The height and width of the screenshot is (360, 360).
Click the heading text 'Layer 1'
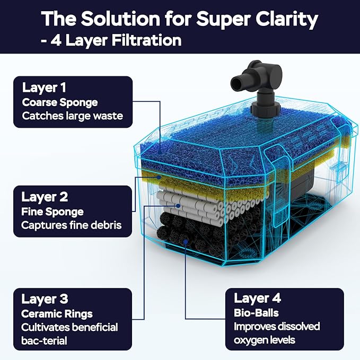pyautogui.click(x=44, y=87)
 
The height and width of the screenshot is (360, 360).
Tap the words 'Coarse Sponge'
pyautogui.click(x=60, y=103)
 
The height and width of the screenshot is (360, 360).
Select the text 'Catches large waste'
pyautogui.click(x=73, y=116)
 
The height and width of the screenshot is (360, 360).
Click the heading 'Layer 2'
pyautogui.click(x=45, y=197)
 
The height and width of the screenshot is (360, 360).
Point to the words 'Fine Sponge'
pyautogui.click(x=52, y=212)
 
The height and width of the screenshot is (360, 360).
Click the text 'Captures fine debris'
pyautogui.click(x=72, y=225)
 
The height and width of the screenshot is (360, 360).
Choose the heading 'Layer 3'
pyautogui.click(x=45, y=299)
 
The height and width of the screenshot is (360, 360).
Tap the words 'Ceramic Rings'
pyautogui.click(x=57, y=314)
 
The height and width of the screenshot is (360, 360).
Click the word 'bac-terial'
pyautogui.click(x=44, y=340)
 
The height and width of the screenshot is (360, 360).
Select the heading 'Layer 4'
pyautogui.click(x=257, y=298)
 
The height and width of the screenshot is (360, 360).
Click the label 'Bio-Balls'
pyautogui.click(x=256, y=313)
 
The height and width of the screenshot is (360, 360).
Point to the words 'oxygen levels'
pyautogui.click(x=265, y=340)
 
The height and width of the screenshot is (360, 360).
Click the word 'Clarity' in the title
pyautogui.click(x=286, y=19)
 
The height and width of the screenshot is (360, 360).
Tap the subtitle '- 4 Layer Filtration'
pyautogui.click(x=111, y=40)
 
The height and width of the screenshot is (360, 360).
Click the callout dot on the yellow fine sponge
pyautogui.click(x=159, y=177)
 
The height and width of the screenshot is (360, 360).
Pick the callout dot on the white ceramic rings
pyautogui.click(x=178, y=206)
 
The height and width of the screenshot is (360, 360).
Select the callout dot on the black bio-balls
pyautogui.click(x=186, y=241)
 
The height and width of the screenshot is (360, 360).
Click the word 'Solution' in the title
pyautogui.click(x=120, y=19)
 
